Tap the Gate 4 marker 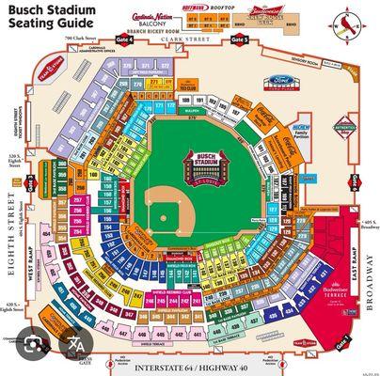click(122, 40)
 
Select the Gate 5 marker click(242, 40)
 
